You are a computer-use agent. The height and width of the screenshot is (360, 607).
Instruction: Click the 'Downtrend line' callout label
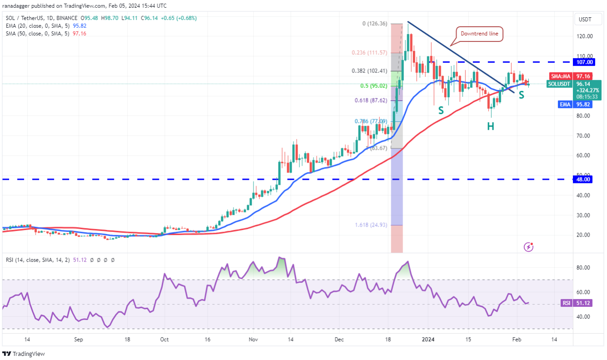tap(479, 34)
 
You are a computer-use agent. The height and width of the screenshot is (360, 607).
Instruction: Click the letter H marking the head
tap(491, 127)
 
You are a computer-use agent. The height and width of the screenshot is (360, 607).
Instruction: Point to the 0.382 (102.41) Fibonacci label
tap(369, 71)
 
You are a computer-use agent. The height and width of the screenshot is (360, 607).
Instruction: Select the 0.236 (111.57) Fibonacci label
tap(369, 53)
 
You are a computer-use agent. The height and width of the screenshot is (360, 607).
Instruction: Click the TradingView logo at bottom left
tap(24, 354)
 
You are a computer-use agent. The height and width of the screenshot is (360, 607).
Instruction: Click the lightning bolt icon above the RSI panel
tap(528, 247)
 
